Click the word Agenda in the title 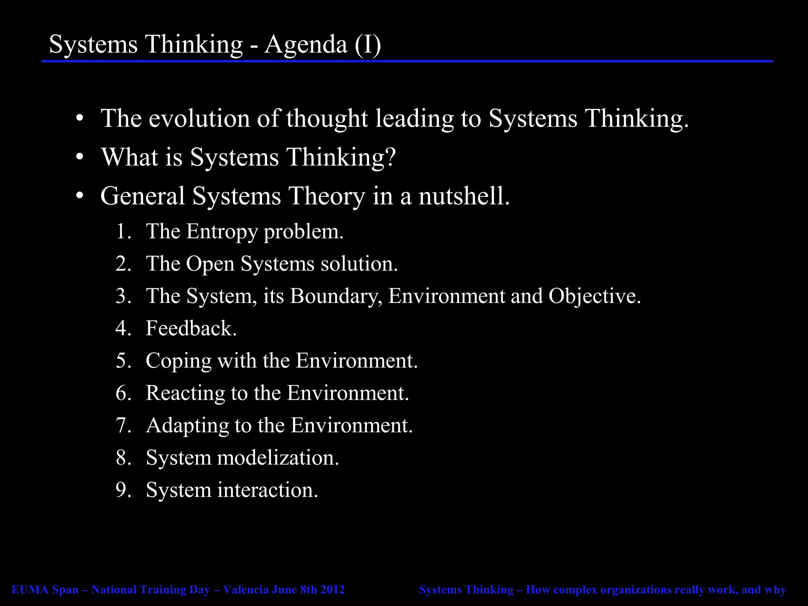[306, 44]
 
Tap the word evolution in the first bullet [199, 118]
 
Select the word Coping [178, 361]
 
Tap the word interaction [267, 490]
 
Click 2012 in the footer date [332, 590]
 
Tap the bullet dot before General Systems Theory [80, 196]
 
